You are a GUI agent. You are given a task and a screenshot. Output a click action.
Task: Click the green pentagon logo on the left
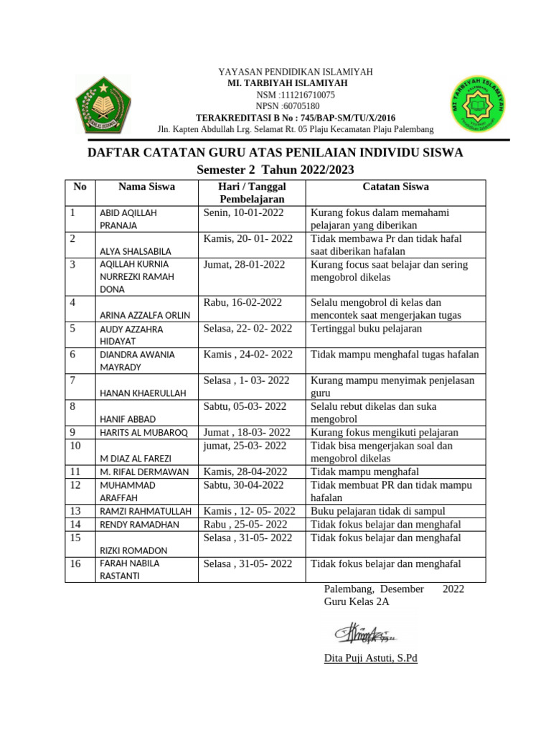(103, 105)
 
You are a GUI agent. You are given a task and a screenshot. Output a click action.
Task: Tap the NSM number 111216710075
(296, 95)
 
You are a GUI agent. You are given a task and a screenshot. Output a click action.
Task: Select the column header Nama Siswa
(146, 187)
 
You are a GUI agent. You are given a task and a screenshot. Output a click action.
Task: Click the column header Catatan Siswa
(395, 187)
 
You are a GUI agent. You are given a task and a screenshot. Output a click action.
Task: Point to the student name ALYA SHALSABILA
(134, 251)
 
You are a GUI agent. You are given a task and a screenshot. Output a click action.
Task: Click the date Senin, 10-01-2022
(243, 212)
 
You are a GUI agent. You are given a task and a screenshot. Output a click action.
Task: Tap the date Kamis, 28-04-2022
(245, 472)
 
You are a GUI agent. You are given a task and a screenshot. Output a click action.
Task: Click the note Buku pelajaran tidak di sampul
(378, 511)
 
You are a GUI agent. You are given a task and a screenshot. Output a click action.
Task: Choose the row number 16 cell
(76, 564)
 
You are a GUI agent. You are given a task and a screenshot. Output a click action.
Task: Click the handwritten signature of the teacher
(364, 635)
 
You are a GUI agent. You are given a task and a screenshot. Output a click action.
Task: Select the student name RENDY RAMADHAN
(138, 525)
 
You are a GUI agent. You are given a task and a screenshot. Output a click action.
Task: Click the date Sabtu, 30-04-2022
(244, 485)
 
